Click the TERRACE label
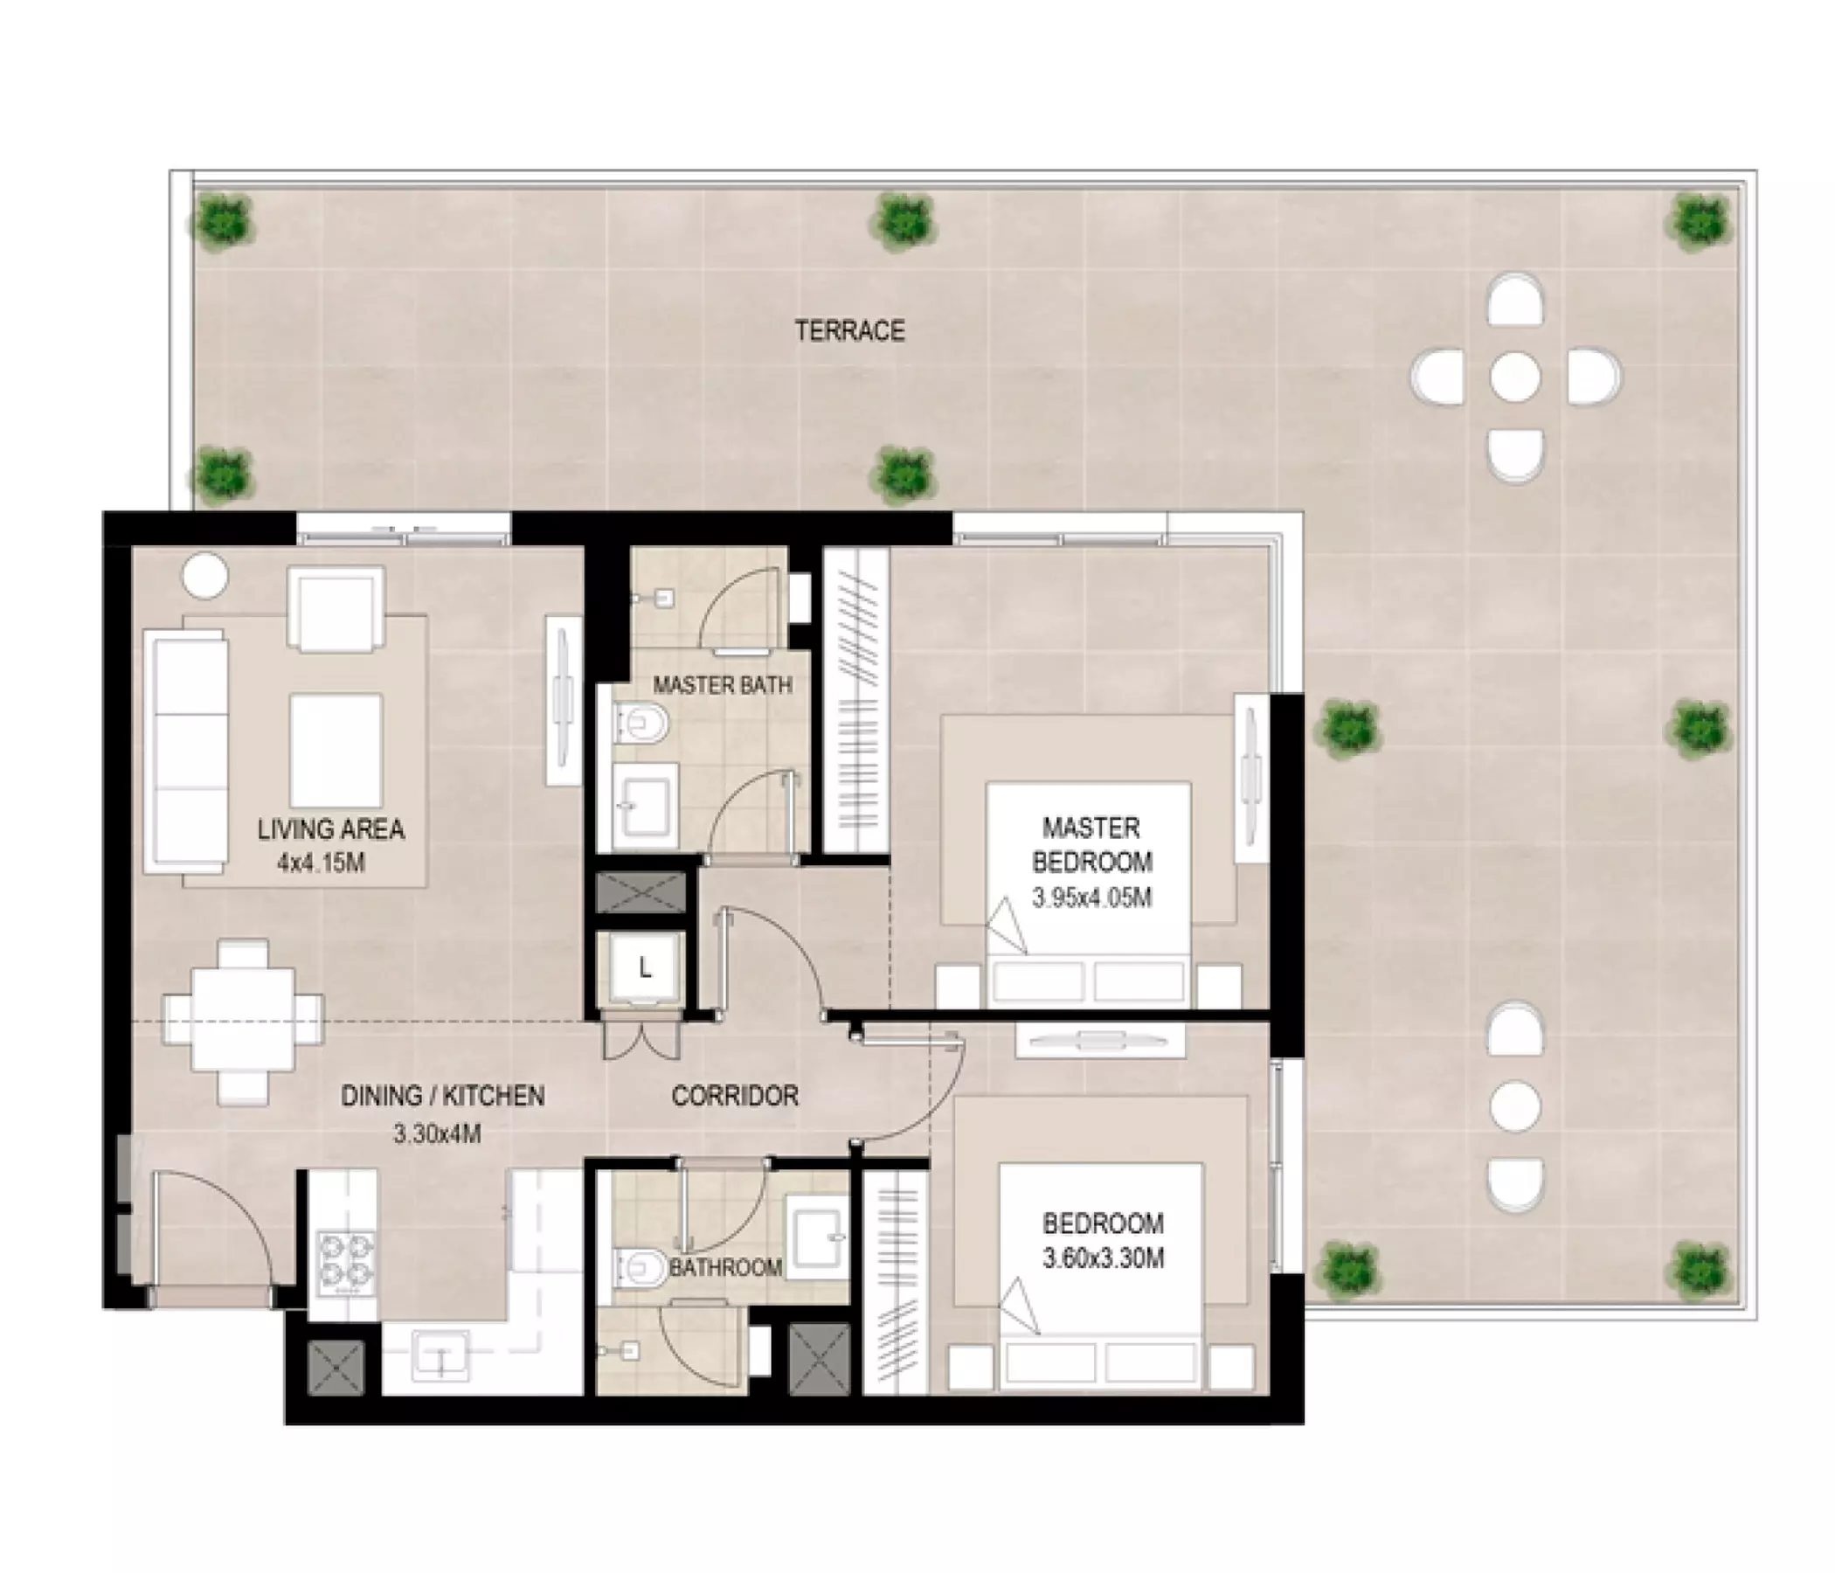(x=849, y=331)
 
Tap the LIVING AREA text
(x=330, y=830)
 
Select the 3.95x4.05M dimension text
(x=1091, y=898)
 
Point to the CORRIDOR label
(x=735, y=1096)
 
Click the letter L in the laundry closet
(x=645, y=968)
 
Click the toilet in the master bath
(x=641, y=724)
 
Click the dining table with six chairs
(x=243, y=1022)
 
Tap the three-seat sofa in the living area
(x=186, y=751)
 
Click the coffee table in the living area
(x=336, y=751)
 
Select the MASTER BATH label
(x=723, y=684)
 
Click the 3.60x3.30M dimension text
(x=1103, y=1258)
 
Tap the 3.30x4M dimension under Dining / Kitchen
(x=437, y=1133)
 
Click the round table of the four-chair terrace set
(x=1514, y=377)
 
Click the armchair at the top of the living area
(x=336, y=609)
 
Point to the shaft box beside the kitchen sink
(x=336, y=1368)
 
